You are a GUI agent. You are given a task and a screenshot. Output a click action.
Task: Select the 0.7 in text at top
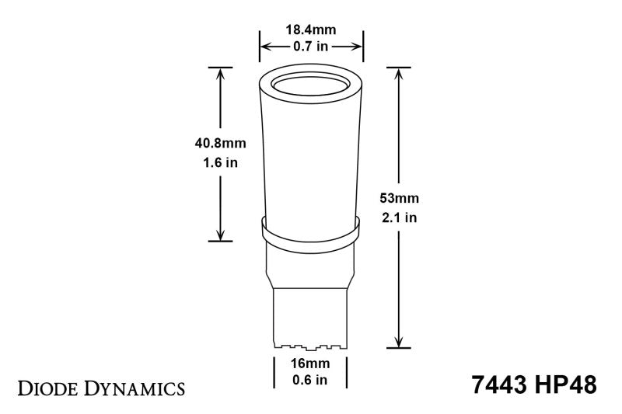(311, 47)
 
